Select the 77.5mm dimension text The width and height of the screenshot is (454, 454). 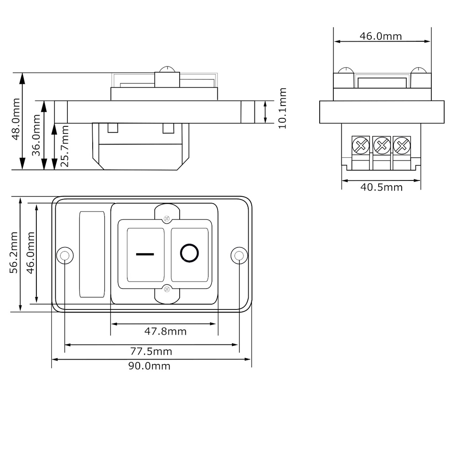[x=151, y=352]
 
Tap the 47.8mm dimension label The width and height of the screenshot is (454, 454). [x=165, y=331]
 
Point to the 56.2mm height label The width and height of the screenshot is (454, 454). [x=14, y=253]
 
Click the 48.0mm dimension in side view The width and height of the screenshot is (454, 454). [x=15, y=122]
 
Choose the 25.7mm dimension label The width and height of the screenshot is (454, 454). [x=64, y=146]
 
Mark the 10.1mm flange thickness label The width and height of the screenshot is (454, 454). [x=282, y=108]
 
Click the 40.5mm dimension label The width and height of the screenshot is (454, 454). [x=381, y=187]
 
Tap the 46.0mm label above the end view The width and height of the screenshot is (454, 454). [x=380, y=36]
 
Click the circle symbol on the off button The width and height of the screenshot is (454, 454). [x=189, y=253]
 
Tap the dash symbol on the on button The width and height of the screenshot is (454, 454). [x=145, y=254]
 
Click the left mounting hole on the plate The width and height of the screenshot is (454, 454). [x=65, y=255]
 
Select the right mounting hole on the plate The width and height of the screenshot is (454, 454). [x=239, y=255]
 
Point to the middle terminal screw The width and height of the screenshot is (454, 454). [x=382, y=145]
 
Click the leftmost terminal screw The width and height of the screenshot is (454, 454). [x=361, y=145]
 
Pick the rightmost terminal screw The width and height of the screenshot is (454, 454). [x=402, y=145]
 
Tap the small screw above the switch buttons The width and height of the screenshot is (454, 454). [x=167, y=218]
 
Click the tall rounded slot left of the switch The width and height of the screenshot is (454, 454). [x=92, y=254]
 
